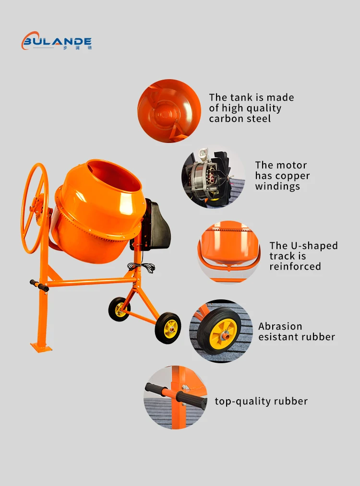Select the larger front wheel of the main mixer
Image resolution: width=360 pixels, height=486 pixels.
coord(168,328)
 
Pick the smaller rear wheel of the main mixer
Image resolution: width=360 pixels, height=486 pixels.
coord(120,309)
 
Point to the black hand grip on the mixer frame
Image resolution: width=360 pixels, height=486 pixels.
coord(39,286)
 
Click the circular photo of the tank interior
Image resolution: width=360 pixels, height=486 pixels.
coord(169,111)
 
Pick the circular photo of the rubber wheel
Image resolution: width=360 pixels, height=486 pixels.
coord(221,331)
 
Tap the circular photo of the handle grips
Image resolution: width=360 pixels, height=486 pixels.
coord(175,398)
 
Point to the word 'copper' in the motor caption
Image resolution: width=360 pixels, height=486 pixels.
coord(292,176)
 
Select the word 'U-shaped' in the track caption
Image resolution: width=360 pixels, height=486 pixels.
coord(315,246)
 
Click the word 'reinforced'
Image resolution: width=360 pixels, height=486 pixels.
coord(295,267)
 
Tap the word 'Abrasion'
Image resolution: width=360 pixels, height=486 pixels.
coord(280,326)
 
